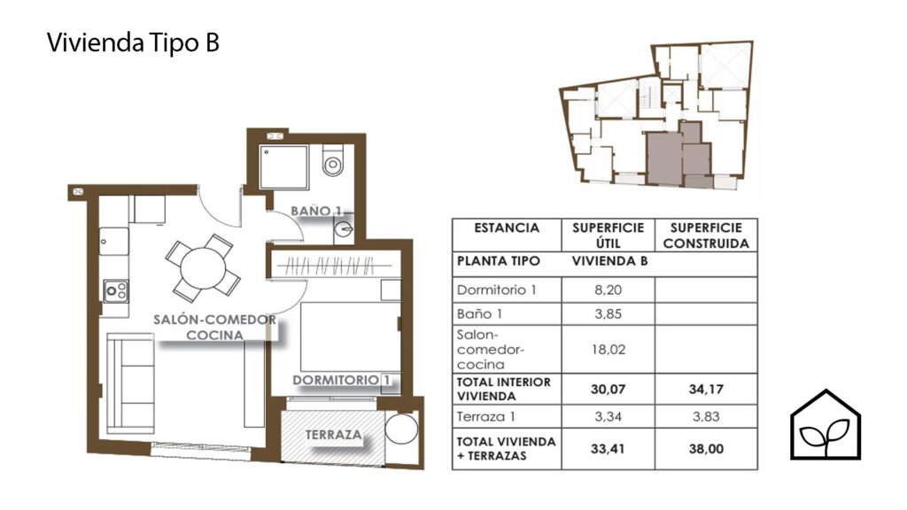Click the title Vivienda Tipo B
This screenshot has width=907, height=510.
133,42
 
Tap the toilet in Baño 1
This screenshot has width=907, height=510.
333,161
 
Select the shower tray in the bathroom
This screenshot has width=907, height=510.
283,167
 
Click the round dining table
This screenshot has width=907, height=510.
203,268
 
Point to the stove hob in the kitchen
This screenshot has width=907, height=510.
116,290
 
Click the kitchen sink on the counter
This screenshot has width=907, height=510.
114,241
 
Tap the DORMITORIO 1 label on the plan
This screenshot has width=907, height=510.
341,380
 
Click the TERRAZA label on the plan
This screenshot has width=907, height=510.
333,434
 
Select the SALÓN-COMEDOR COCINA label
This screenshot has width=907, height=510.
214,327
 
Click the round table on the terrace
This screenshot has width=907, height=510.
401,429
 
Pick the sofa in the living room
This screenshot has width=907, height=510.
131,382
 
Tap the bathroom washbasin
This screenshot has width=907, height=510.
343,229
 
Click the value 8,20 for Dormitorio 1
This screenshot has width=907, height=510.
608,290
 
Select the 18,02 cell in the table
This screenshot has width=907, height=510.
608,349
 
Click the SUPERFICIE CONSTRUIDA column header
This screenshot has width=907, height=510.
706,236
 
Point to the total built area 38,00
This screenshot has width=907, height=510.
706,449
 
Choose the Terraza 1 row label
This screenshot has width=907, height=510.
486,416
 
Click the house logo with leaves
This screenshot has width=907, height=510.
826,425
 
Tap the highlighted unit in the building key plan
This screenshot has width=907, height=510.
678,156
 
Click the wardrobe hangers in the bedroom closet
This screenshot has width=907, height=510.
331,266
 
